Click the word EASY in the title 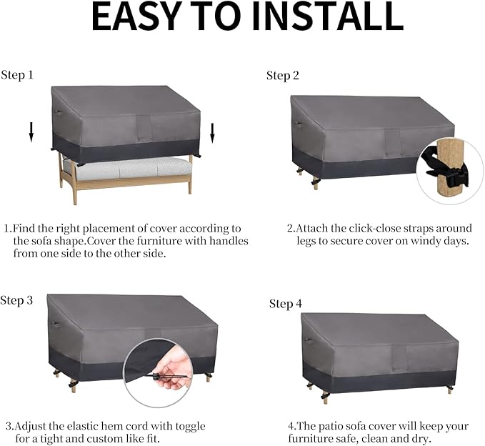click(x=137, y=16)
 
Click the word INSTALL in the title click(x=328, y=16)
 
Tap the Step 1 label click(x=17, y=75)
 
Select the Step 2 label click(x=283, y=76)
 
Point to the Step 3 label click(x=16, y=300)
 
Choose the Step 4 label click(x=286, y=304)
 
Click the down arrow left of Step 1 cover click(x=31, y=132)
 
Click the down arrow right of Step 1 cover click(x=212, y=133)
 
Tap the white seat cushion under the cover click(x=127, y=169)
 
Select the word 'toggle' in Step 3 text click(x=190, y=427)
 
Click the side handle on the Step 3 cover click(x=55, y=324)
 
